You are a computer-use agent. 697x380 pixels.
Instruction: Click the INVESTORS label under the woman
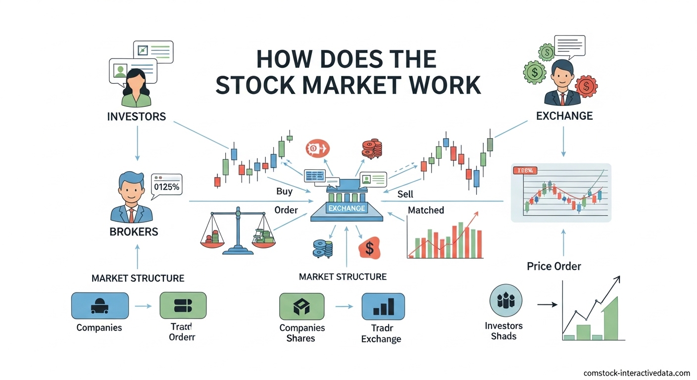(136, 117)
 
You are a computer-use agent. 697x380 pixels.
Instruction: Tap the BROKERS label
(134, 232)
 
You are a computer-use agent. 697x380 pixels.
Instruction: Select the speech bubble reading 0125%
(166, 187)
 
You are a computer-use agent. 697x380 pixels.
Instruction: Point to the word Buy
(284, 191)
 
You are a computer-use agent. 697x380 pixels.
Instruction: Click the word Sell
(405, 194)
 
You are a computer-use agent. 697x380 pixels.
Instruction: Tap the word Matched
(426, 210)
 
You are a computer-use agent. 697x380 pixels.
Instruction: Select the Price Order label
(554, 266)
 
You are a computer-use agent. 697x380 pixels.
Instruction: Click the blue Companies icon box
(100, 305)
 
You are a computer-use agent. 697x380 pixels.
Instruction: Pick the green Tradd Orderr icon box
(183, 305)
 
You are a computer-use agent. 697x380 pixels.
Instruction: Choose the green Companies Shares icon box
(301, 306)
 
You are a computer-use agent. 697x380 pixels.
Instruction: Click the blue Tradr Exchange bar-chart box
(383, 306)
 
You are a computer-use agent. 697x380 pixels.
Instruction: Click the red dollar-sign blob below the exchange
(369, 248)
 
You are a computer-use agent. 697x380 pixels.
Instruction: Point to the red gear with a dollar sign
(586, 88)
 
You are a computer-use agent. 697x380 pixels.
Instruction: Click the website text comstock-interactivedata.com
(637, 373)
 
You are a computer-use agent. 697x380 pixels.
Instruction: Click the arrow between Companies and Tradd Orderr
(144, 306)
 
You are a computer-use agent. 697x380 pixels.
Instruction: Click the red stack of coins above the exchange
(372, 148)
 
